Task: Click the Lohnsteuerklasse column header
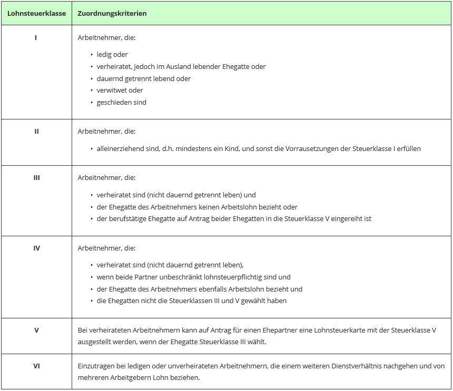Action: click(x=36, y=13)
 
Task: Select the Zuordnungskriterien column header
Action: click(x=112, y=13)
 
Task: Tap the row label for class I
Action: click(x=36, y=38)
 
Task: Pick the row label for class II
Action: click(x=36, y=132)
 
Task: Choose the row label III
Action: click(x=36, y=178)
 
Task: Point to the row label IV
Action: click(x=36, y=248)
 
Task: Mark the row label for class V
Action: click(x=36, y=330)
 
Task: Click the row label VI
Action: click(x=36, y=366)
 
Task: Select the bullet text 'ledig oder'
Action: click(x=112, y=55)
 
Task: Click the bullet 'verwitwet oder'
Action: click(x=120, y=91)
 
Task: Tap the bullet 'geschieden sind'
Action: click(x=121, y=103)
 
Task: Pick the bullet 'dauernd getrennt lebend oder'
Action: click(x=143, y=79)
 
